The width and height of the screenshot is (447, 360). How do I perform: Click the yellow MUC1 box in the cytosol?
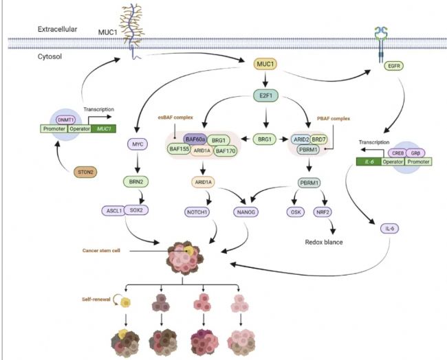[265, 65]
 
